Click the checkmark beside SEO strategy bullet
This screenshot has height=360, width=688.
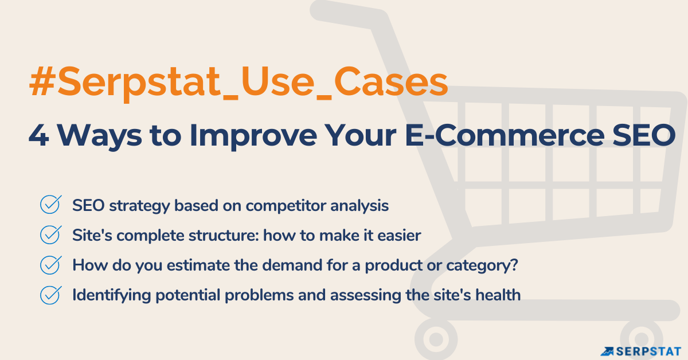pos(50,205)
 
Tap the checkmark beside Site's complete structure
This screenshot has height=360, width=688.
pos(50,234)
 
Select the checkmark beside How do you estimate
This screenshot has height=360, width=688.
pos(50,265)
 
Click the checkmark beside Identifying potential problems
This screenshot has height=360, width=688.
pos(50,295)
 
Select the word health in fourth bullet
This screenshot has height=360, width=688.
pos(499,295)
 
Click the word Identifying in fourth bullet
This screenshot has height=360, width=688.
pos(108,295)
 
